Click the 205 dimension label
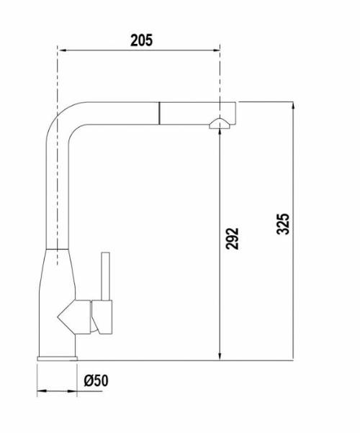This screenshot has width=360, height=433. (141, 40)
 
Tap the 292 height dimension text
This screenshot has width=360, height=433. (232, 239)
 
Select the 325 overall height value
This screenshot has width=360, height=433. (283, 224)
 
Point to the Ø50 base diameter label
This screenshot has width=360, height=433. (96, 380)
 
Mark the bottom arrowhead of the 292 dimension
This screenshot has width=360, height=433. (220, 355)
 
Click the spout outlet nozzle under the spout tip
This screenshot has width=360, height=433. (220, 124)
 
